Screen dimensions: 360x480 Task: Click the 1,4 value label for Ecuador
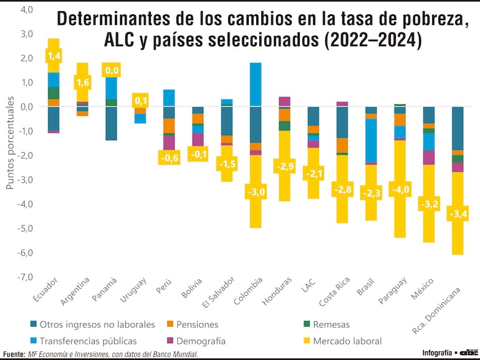(54, 57)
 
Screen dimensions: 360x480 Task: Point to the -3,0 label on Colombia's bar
(256, 192)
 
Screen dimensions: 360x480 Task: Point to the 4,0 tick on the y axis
(27, 9)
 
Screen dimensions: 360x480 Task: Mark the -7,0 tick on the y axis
(26, 277)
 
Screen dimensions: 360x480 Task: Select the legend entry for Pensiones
(196, 324)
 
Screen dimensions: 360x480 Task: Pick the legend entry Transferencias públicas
(87, 341)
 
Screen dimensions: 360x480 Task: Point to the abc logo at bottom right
(468, 352)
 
